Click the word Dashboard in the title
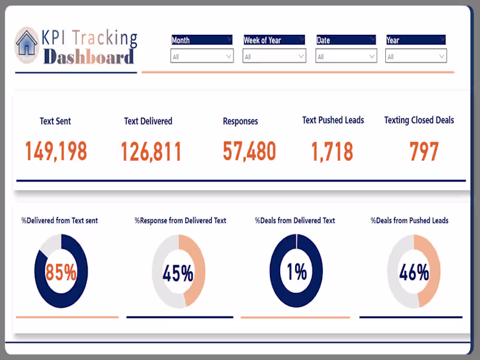click(88, 57)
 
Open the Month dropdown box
click(202, 56)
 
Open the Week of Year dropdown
click(274, 56)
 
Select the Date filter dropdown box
click(346, 56)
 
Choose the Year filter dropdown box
click(416, 56)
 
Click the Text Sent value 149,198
click(56, 152)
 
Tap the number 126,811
click(151, 152)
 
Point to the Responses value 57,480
click(249, 151)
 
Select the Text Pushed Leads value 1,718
click(332, 152)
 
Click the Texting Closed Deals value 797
click(424, 152)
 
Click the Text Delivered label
click(148, 121)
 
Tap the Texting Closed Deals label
click(419, 120)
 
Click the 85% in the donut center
click(61, 272)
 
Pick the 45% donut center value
click(178, 274)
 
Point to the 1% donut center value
click(296, 272)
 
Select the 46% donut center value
click(413, 273)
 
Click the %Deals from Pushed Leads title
click(409, 221)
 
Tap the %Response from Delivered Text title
click(181, 221)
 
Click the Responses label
click(240, 121)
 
